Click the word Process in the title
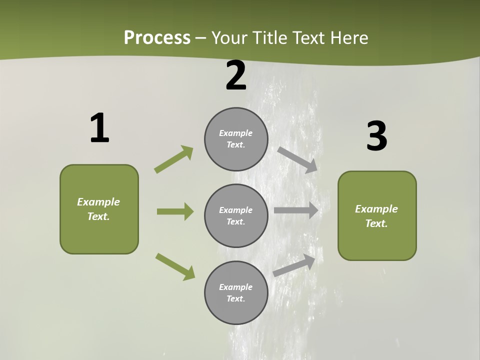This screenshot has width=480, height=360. point(157,37)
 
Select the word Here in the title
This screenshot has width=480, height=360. point(349,37)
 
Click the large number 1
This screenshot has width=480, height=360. point(99,128)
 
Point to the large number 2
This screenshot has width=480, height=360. point(236,75)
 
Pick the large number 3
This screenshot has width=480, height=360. point(376,136)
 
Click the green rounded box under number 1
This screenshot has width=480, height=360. point(99,209)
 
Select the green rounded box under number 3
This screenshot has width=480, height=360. point(377,215)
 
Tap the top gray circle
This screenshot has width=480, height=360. point(236,138)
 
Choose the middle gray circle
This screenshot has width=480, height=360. point(236,215)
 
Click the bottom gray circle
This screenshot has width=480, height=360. point(236,292)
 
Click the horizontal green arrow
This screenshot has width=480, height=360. point(175,211)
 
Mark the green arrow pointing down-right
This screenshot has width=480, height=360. point(175,266)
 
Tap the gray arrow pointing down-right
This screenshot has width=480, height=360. point(297,159)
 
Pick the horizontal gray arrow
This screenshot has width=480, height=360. point(296,210)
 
